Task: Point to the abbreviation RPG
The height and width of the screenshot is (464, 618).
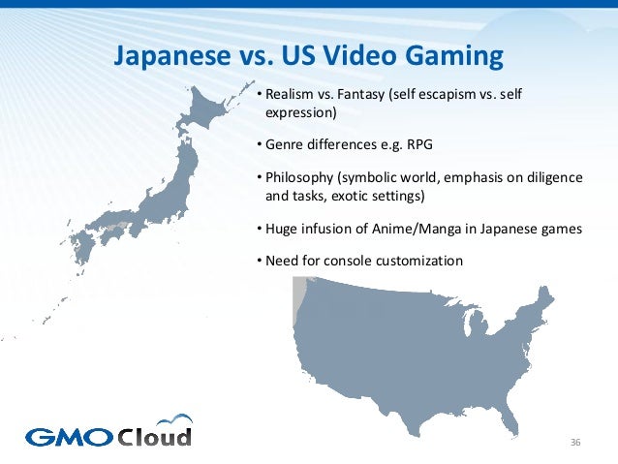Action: (417, 145)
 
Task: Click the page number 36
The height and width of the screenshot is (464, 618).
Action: (574, 443)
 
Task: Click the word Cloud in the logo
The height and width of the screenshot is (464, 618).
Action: (155, 435)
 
